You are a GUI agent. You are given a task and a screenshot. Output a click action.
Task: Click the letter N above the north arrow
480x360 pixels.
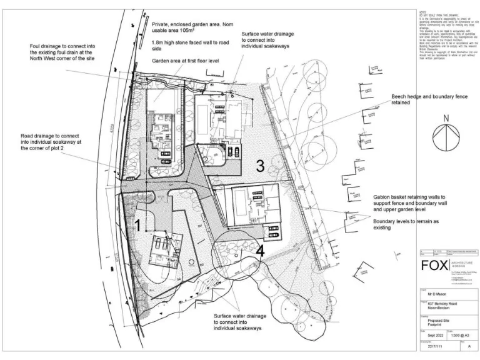click(x=446, y=119)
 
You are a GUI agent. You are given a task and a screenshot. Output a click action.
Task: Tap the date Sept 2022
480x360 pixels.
click(x=431, y=336)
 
